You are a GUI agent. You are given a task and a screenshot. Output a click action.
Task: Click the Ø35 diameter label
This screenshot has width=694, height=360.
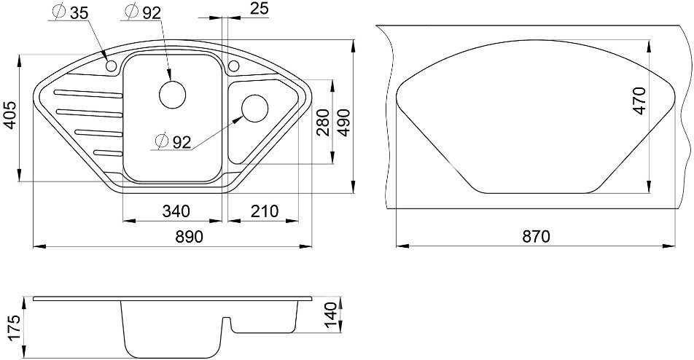click(71, 12)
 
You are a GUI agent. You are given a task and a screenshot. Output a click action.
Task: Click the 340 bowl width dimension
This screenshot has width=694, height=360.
click(176, 211)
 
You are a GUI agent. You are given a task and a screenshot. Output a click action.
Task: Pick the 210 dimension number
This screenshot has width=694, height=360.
click(264, 211)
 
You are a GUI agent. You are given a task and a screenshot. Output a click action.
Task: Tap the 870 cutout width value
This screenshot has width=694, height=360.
click(535, 237)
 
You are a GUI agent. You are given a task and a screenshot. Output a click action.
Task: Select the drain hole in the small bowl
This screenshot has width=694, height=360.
click(254, 109)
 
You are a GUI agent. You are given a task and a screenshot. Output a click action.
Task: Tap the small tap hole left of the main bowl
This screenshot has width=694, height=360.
click(112, 67)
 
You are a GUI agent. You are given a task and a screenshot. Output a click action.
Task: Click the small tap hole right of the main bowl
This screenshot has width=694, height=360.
click(234, 67)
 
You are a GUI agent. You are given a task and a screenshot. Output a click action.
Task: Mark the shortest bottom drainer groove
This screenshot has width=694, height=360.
click(108, 152)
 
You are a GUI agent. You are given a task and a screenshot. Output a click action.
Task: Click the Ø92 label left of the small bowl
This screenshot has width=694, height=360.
click(173, 141)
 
